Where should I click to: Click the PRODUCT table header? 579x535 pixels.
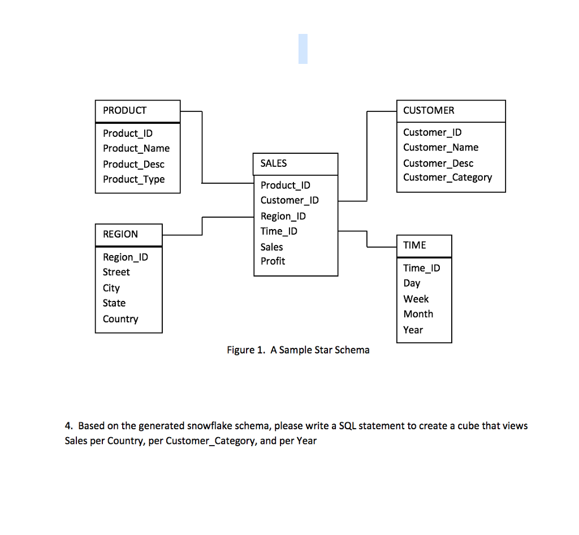click(x=125, y=111)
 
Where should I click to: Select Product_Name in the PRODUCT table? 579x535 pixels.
click(x=136, y=148)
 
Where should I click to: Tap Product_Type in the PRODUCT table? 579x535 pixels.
click(x=134, y=179)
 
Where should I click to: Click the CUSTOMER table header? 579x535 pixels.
click(x=429, y=111)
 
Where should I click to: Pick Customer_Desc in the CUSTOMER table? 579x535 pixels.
click(x=438, y=163)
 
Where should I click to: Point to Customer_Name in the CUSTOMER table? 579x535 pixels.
click(x=440, y=148)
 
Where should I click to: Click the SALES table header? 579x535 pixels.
click(x=274, y=163)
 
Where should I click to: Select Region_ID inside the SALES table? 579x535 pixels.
click(x=283, y=216)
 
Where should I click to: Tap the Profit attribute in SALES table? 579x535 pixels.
click(x=273, y=261)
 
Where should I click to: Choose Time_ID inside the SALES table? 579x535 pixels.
click(x=279, y=231)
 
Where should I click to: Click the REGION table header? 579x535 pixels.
click(x=120, y=234)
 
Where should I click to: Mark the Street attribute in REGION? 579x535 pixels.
click(x=116, y=272)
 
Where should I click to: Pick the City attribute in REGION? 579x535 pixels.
click(x=111, y=288)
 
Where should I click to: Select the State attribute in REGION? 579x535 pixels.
click(x=114, y=303)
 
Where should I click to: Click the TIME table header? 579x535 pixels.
click(x=414, y=245)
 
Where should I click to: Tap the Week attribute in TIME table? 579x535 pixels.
click(x=416, y=299)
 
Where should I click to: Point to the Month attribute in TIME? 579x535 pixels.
click(x=418, y=314)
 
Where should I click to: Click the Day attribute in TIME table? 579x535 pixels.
click(x=412, y=283)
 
